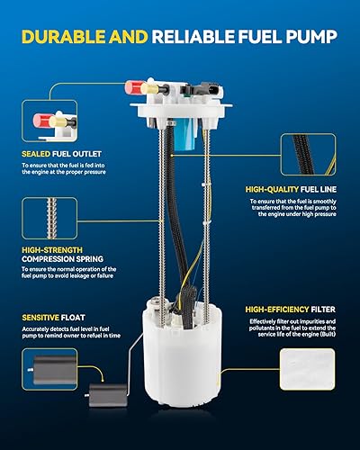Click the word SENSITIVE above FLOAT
[43, 317]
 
